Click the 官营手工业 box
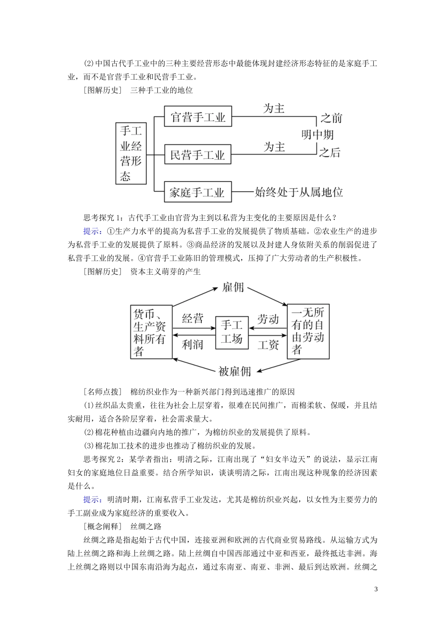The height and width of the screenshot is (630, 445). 198,117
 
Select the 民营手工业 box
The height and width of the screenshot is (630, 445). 198,155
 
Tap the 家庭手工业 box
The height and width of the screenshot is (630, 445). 198,192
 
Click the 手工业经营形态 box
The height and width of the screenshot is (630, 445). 131,153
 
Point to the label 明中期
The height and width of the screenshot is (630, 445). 318,135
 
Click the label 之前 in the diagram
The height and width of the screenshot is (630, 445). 331,118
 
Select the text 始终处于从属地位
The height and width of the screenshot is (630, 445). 299,192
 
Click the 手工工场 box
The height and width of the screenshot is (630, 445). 231,332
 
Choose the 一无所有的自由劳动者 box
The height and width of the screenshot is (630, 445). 308,331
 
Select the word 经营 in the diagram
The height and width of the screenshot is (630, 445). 193,319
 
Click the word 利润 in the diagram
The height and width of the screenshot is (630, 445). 193,345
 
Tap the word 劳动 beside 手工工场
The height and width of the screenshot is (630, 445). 268,319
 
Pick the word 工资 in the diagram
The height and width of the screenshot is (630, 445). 268,345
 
